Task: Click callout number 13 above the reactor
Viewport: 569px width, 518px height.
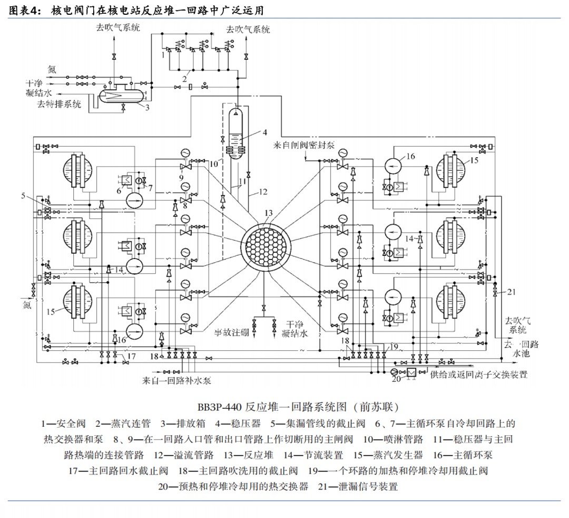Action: [269, 213]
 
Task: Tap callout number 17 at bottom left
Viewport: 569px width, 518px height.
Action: [131, 356]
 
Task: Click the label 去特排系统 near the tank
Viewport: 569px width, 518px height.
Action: [58, 104]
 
